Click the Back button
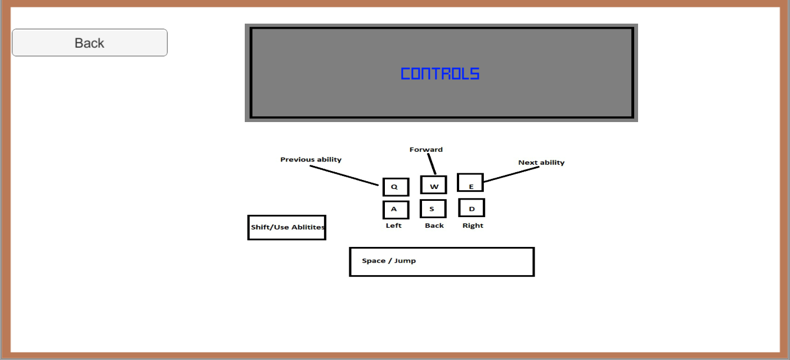pos(89,43)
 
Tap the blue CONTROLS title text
pos(440,74)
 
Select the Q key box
pos(395,187)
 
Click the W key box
pos(433,185)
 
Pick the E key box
pos(470,183)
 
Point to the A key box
pos(395,209)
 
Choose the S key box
pos(433,209)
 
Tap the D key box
pos(472,208)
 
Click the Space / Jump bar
pos(442,262)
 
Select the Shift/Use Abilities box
pos(287,227)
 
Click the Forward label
pos(426,150)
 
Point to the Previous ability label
pos(311,160)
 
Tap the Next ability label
pos(541,163)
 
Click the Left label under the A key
pos(394,226)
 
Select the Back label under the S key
pos(434,226)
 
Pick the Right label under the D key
pos(473,226)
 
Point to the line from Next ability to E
pos(511,174)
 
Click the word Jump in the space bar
pos(405,261)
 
